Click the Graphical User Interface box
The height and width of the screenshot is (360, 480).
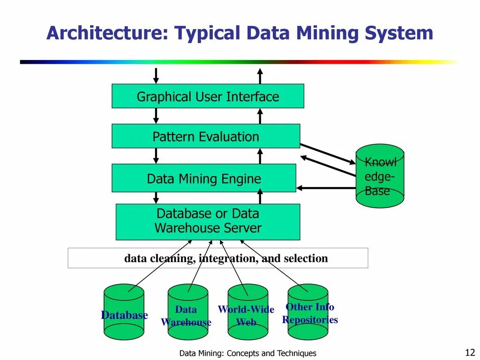click(x=208, y=96)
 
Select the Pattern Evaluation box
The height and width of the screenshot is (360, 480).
click(x=205, y=136)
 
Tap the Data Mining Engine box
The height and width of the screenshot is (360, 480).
click(x=203, y=178)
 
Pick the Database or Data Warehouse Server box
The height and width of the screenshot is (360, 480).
click(x=208, y=222)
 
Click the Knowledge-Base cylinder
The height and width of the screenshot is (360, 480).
click(x=380, y=176)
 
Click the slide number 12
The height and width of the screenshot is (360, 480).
click(x=470, y=352)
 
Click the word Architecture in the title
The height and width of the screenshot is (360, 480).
click(x=105, y=34)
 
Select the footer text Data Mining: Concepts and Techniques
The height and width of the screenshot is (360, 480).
click(x=247, y=353)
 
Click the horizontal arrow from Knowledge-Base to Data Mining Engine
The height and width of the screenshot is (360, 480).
click(x=326, y=188)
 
